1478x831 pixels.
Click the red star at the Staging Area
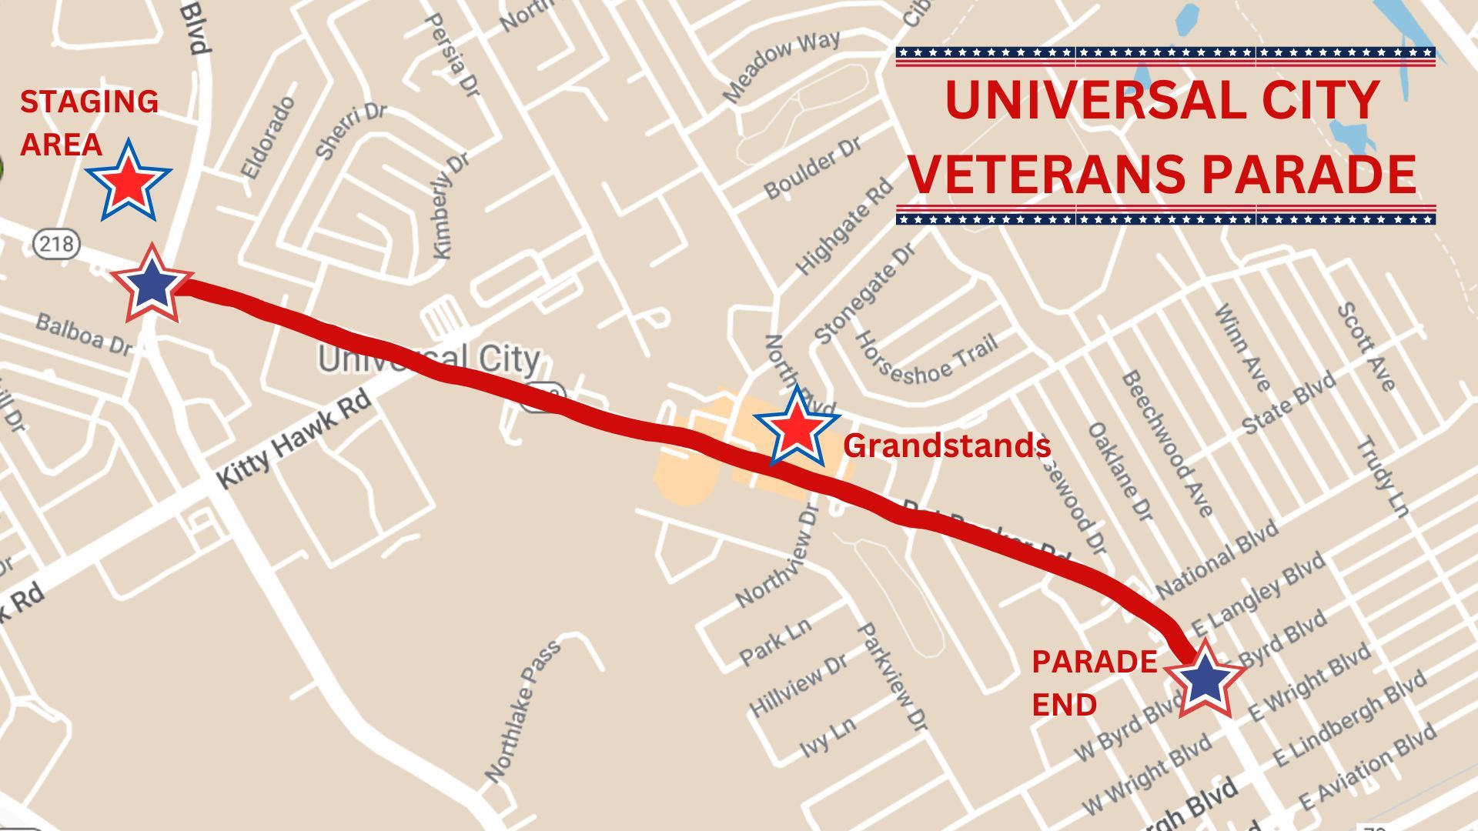click(128, 182)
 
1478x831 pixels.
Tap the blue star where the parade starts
click(152, 284)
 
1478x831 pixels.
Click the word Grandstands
click(947, 446)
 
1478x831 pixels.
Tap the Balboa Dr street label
click(83, 334)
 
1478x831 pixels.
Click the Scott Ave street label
click(1366, 346)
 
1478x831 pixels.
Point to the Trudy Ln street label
click(1382, 476)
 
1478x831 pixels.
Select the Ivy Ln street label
click(828, 737)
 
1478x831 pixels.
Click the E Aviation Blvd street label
click(1367, 766)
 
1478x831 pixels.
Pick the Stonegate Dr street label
click(866, 293)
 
